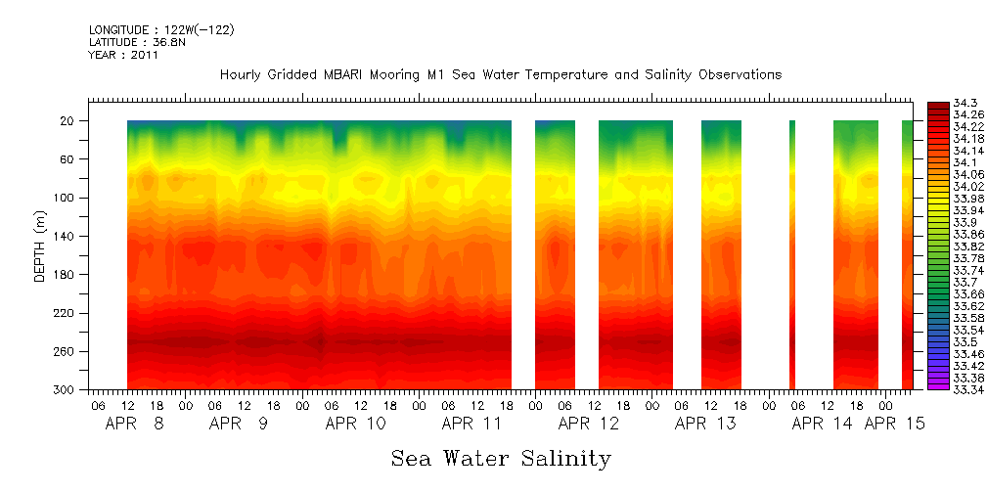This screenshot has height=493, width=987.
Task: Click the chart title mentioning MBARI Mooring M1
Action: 500,75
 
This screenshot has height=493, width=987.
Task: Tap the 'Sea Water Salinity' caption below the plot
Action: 501,459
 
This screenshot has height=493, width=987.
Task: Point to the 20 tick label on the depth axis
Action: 68,121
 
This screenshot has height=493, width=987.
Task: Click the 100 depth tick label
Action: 66,198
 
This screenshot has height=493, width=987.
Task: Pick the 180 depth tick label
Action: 66,275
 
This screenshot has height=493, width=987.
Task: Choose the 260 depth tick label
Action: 66,351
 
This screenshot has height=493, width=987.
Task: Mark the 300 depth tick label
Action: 66,390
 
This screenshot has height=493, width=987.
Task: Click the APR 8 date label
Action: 135,425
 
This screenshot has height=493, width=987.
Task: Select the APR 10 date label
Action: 355,425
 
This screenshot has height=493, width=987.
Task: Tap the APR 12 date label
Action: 588,425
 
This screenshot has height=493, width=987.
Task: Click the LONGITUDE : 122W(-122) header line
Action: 161,29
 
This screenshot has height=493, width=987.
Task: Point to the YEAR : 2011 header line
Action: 123,55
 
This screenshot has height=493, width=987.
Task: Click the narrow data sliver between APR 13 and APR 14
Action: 791,254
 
